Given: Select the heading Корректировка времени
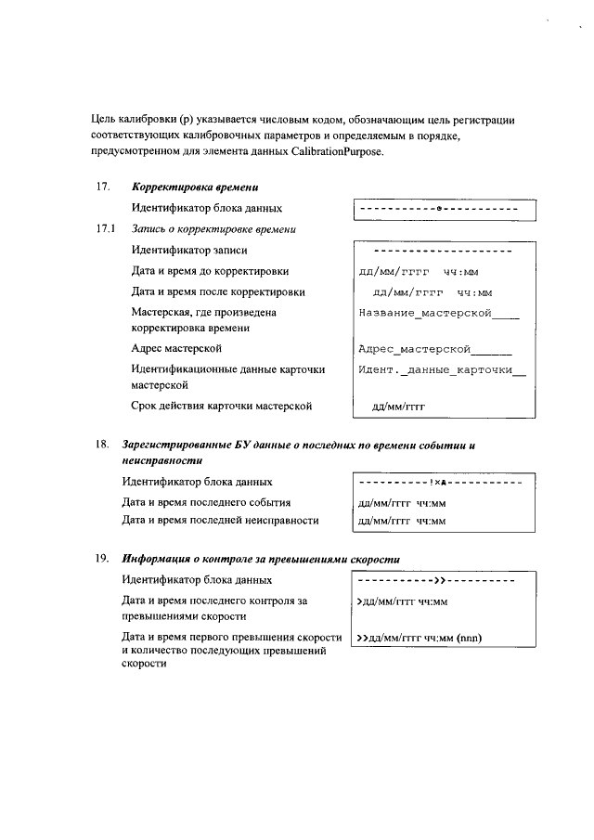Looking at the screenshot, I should coord(187,187).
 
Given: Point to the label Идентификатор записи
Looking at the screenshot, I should coord(189,250).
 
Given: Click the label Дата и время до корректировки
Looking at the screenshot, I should coord(210,271).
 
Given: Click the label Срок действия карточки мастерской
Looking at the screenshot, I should coord(221,406).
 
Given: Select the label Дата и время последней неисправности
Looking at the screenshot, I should coord(220,520).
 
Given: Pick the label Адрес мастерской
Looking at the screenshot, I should coord(176,349).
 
